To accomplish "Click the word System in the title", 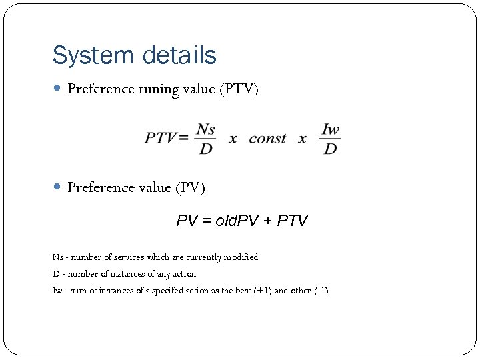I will tap(89, 55).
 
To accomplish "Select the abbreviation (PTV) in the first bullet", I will tap(239, 89).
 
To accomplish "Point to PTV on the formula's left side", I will tap(161, 139).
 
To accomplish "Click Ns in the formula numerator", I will tap(206, 129).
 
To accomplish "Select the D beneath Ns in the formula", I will tap(206, 149).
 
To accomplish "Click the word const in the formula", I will tap(267, 139).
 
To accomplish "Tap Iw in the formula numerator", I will tap(330, 129).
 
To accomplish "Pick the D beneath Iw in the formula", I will tap(330, 149).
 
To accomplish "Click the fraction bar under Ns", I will tap(206, 139).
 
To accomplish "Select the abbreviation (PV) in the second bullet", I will tap(191, 188).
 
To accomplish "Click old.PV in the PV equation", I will tap(233, 221).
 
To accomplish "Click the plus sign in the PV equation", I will tap(269, 221).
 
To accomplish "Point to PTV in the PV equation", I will tap(293, 221).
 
